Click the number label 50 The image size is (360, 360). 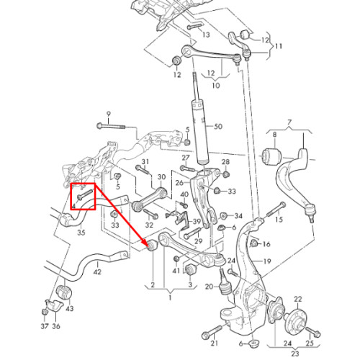[x=218, y=127]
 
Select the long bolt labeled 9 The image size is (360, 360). [x=111, y=126]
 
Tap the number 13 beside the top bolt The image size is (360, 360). [x=206, y=35]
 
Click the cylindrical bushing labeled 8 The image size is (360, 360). [x=271, y=157]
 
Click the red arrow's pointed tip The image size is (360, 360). [x=146, y=244]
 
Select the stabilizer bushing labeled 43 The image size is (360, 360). [x=64, y=292]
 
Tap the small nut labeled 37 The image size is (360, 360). [x=45, y=312]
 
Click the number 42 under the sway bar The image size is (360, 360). [x=97, y=272]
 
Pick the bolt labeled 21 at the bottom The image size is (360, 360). [x=212, y=331]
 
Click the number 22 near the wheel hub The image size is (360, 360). [x=297, y=299]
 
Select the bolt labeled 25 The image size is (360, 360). [x=312, y=331]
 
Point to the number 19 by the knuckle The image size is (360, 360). [x=267, y=261]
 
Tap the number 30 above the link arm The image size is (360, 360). [x=161, y=177]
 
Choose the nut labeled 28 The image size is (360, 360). [x=225, y=174]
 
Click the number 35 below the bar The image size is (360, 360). [x=81, y=233]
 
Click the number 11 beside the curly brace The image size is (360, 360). [x=279, y=46]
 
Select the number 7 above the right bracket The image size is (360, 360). [x=289, y=122]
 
